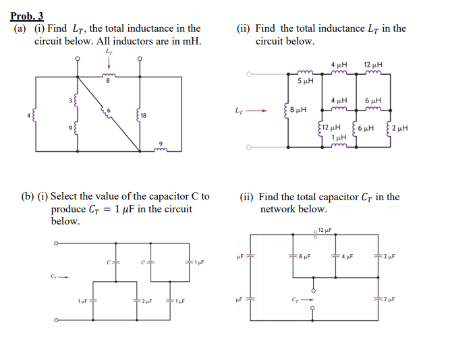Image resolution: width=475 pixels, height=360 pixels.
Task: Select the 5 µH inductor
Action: [305, 72]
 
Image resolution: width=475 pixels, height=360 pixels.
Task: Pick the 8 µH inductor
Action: [289, 109]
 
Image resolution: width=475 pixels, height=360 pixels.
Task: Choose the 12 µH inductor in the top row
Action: [372, 72]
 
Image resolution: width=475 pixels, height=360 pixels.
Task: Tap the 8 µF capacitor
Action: [294, 256]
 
